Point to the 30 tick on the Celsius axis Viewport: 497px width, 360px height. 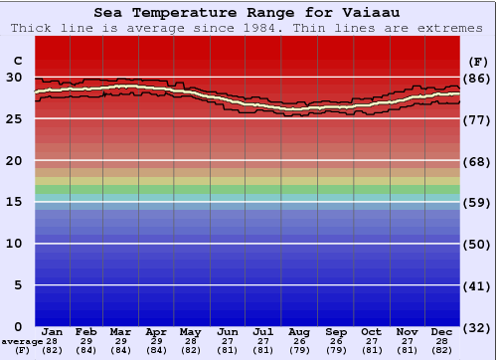click(x=14, y=78)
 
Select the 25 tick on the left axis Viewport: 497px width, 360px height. click(x=14, y=119)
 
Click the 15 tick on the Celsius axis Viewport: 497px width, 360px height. click(x=14, y=202)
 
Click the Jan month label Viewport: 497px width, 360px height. click(x=53, y=331)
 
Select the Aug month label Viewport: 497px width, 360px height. click(x=300, y=331)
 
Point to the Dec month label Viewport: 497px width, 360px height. click(x=442, y=331)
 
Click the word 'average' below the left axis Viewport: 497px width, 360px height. click(x=22, y=341)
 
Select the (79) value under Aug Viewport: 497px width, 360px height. click(x=300, y=350)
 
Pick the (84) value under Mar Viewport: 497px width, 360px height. click(x=121, y=350)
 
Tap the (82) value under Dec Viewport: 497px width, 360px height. click(x=442, y=350)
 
